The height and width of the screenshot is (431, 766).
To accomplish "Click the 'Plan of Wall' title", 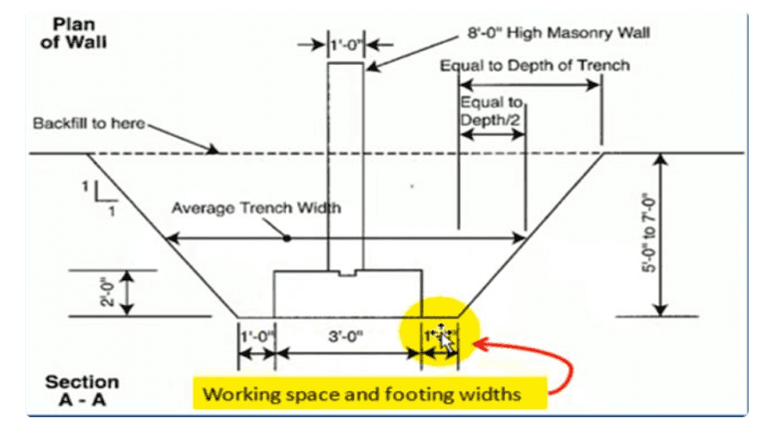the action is coord(81,34).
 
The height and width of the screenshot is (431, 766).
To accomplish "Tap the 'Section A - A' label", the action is coord(82,390).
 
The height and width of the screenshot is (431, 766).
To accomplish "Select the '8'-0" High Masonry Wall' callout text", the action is coord(560,33).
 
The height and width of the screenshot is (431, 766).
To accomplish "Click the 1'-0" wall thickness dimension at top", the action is coord(344,45).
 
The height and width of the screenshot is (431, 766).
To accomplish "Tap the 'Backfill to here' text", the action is coord(89,124).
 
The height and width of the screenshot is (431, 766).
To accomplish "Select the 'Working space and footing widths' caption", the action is coord(373,393).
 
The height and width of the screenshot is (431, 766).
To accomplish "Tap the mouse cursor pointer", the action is coord(445,339).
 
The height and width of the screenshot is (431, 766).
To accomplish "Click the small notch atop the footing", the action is coord(346,271).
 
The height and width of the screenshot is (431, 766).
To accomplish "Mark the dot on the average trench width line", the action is coord(287,238).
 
